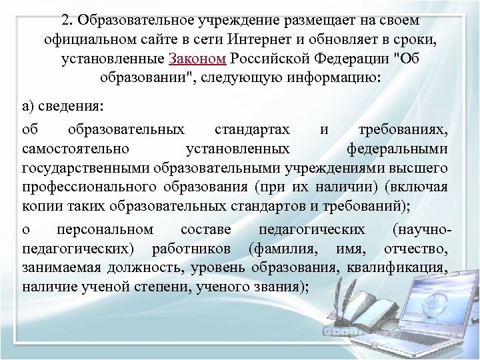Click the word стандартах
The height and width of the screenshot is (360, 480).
click(244, 130)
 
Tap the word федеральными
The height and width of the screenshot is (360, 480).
click(397, 148)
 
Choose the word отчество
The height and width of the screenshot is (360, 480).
click(416, 249)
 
